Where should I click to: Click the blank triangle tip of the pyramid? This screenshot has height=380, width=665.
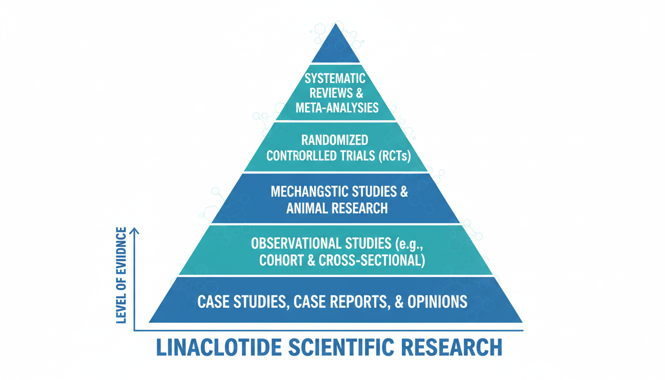point(336,47)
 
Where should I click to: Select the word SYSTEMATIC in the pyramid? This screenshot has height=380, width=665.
point(335,78)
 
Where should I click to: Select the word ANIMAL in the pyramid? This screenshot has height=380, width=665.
point(306,208)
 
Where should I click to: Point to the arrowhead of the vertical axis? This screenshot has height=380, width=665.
point(135,230)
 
